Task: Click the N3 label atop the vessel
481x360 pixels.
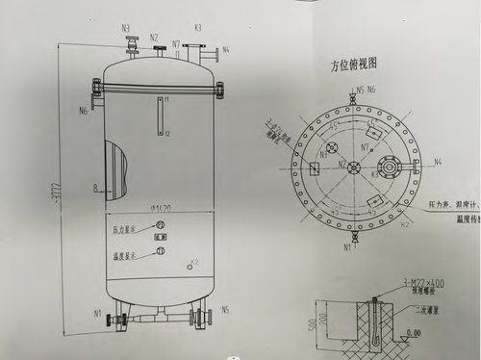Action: point(126,28)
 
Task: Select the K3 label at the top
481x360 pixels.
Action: point(197,29)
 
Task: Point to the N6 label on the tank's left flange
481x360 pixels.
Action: point(84,111)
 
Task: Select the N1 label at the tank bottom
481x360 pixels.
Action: point(97,313)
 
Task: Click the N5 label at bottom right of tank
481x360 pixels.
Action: point(225,310)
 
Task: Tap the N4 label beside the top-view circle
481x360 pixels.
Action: point(437,163)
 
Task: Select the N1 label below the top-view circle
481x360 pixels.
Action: point(348,246)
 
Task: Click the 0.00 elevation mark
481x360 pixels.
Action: point(413,333)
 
